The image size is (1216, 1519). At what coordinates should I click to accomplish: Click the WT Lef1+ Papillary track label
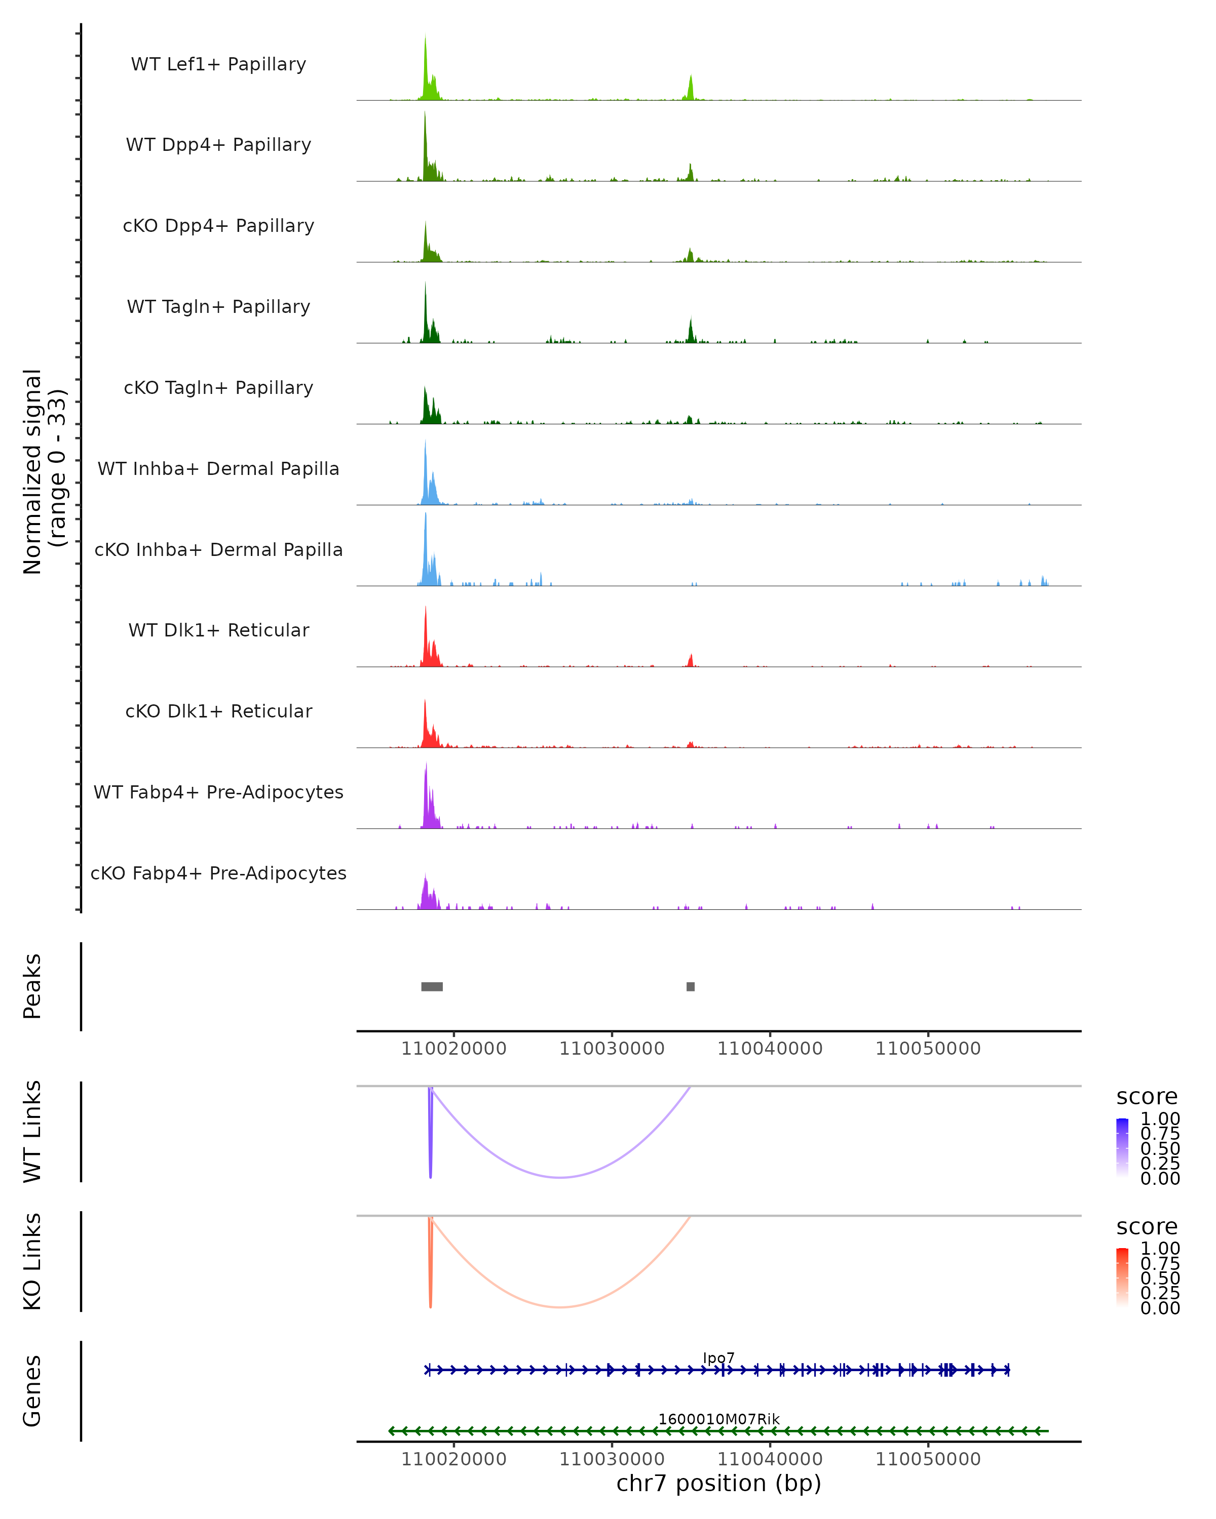[218, 65]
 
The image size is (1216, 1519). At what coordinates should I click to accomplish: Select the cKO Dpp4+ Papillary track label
[218, 226]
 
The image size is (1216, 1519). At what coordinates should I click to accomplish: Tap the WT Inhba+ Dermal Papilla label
[218, 469]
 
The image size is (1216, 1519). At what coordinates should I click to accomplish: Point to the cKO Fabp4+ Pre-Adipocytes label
[218, 873]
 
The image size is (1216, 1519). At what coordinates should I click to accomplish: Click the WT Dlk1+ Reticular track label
[218, 630]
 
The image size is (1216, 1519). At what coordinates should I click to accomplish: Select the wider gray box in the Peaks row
[432, 986]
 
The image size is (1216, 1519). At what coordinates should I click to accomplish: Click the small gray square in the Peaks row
[691, 986]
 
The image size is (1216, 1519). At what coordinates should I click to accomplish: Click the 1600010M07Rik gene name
[718, 1419]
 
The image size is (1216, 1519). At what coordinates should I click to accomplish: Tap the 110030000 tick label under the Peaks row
[612, 1049]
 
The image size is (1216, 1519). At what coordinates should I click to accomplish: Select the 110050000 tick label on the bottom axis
[928, 1459]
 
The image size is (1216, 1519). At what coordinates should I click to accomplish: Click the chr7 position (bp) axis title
[718, 1484]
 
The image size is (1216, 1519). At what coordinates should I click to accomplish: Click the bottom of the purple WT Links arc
[560, 1177]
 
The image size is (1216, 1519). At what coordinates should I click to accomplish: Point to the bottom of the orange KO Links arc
[560, 1307]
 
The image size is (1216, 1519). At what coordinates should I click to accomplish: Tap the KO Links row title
[32, 1262]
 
